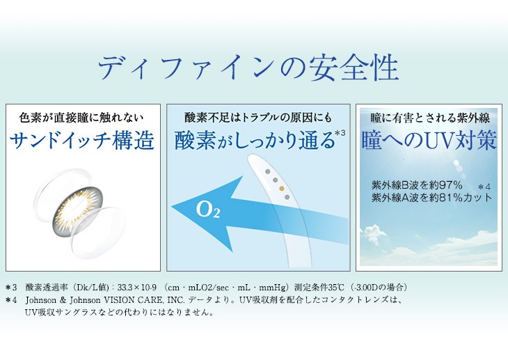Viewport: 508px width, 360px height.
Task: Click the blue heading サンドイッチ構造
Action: tap(82, 140)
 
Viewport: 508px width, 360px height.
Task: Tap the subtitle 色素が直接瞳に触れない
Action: tap(82, 116)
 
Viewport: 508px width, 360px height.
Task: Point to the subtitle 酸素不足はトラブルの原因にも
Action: tap(258, 116)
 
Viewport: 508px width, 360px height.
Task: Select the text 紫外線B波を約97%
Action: tap(407, 185)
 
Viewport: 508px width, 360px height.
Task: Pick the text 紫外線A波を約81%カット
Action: tap(431, 198)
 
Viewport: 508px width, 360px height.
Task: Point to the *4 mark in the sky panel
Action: tap(485, 187)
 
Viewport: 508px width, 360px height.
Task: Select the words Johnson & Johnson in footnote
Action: tap(58, 299)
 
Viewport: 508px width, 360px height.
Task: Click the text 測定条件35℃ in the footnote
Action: tap(317, 287)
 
